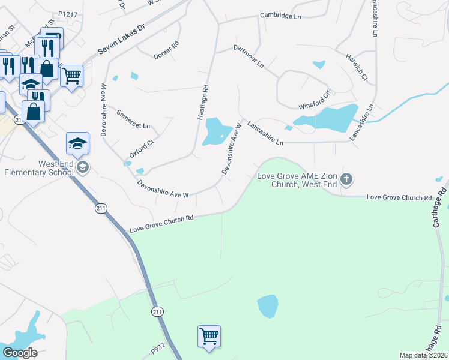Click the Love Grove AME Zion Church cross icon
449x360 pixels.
(346, 179)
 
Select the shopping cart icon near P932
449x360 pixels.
(209, 336)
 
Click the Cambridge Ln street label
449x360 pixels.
(280, 16)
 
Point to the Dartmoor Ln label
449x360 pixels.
(249, 56)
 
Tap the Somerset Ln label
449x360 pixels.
(133, 119)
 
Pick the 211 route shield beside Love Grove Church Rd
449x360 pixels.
(100, 208)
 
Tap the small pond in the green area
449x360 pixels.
(268, 306)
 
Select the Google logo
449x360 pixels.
(19, 353)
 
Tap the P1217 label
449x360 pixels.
(69, 13)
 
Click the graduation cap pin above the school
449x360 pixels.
(77, 145)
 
